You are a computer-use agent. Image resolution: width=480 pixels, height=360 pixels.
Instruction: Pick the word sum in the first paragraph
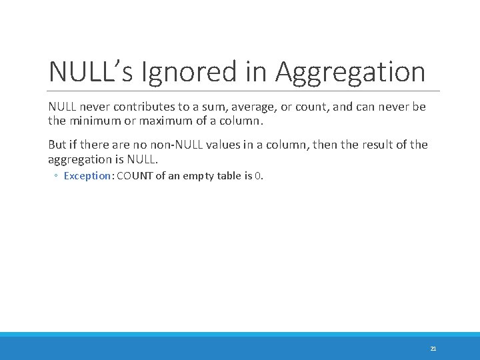pyautogui.click(x=205, y=107)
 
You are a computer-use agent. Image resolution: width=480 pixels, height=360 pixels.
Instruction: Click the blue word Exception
pyautogui.click(x=87, y=176)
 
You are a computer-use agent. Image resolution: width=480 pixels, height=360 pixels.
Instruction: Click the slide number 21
pyautogui.click(x=433, y=349)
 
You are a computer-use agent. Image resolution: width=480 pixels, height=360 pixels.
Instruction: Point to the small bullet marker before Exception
pyautogui.click(x=57, y=177)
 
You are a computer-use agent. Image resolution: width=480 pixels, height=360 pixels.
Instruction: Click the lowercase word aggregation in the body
pyautogui.click(x=79, y=159)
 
